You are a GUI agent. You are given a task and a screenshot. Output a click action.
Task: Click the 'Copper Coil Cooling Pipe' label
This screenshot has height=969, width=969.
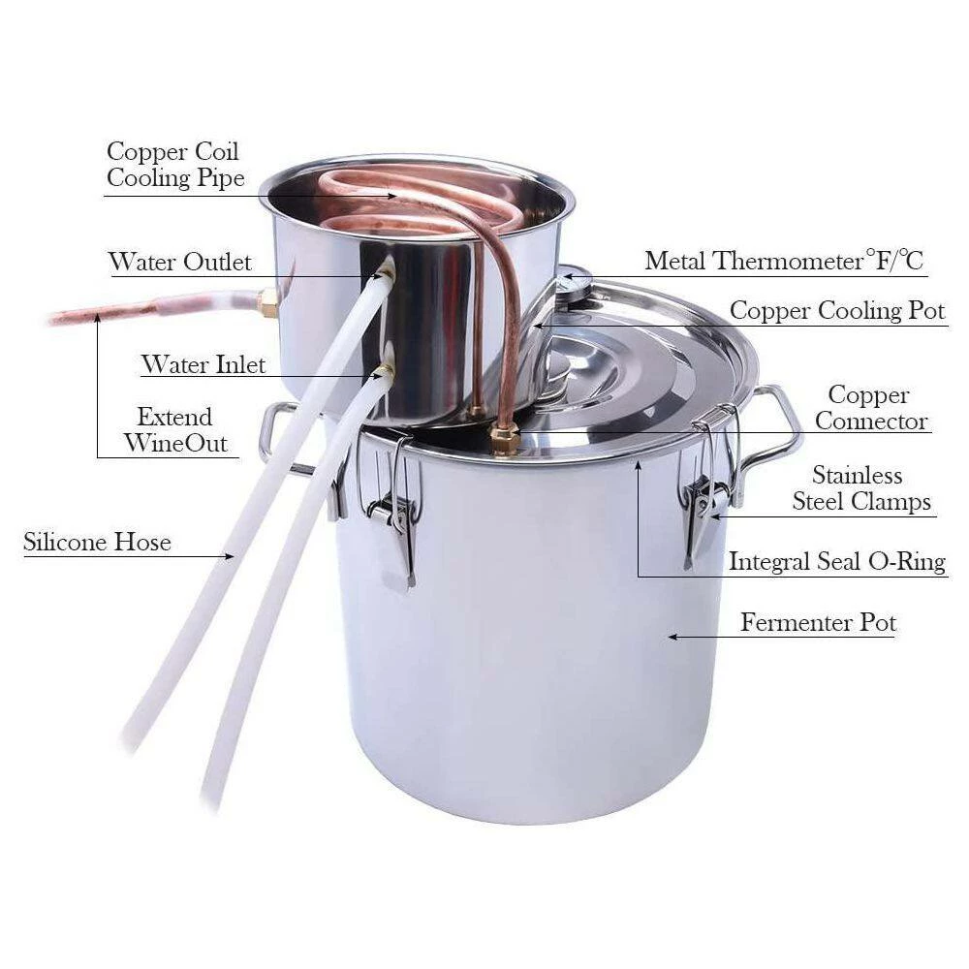point(175,165)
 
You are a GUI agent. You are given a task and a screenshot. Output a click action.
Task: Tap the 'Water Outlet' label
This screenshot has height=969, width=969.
point(180,262)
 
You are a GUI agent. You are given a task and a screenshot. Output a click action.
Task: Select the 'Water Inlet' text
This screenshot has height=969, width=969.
point(203,364)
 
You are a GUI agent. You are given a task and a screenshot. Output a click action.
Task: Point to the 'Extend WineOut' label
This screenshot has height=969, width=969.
point(175,430)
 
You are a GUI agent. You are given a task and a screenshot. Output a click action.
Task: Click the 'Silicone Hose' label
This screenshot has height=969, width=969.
point(97,542)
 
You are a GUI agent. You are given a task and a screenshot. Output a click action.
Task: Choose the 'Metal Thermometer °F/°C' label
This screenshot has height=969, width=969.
point(784,260)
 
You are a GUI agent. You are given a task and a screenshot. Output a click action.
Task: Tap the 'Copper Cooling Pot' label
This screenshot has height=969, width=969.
point(837,310)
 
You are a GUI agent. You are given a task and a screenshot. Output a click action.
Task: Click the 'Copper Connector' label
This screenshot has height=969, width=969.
point(871,408)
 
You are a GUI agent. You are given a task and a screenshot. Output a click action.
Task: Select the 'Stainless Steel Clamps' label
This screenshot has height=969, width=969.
point(861,488)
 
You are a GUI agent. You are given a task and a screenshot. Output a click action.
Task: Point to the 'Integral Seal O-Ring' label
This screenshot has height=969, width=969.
point(837,561)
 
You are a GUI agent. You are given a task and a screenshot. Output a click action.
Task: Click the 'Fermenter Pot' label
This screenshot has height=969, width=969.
point(818,622)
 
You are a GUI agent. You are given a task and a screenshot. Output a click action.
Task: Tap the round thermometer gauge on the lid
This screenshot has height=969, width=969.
point(573,285)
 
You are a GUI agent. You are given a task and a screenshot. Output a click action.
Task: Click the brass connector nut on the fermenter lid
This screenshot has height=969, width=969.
point(504,439)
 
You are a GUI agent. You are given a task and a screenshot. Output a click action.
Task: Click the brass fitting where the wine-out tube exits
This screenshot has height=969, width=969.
point(268,302)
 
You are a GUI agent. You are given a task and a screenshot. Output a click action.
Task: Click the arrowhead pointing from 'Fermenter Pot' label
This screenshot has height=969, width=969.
point(673,637)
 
